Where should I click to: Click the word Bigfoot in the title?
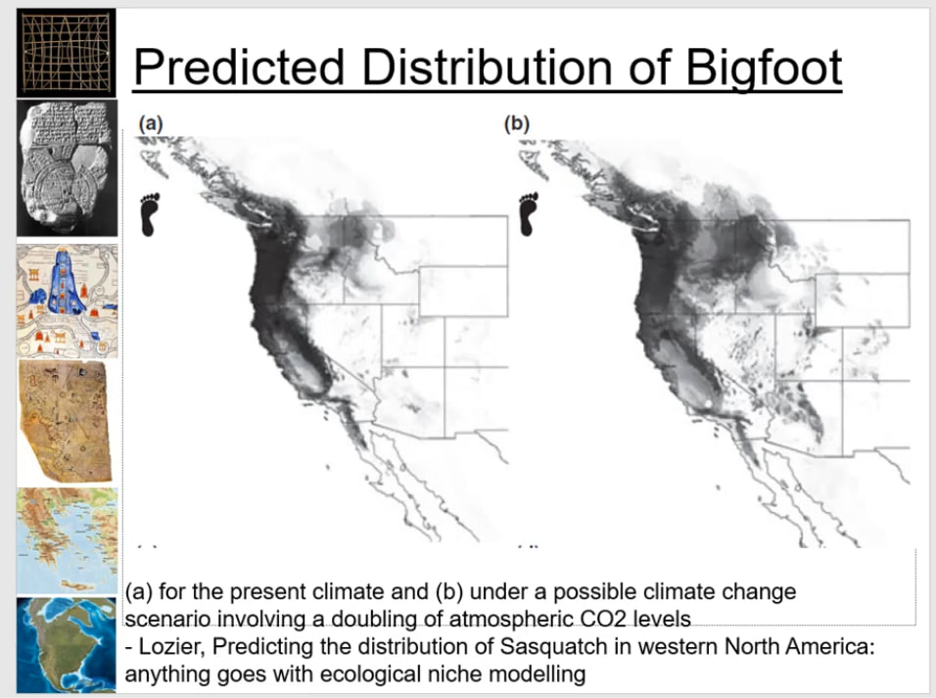point(764,67)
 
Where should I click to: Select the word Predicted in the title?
point(239,67)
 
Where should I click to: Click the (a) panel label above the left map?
point(151,123)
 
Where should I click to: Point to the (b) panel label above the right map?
point(517,123)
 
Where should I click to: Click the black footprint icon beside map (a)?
point(149,214)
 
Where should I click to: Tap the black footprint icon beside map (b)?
point(529,214)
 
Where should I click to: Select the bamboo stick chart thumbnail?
point(67,53)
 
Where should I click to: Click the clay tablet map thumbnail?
point(67,167)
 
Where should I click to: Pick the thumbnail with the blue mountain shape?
point(67,301)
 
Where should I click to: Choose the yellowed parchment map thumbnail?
point(66,422)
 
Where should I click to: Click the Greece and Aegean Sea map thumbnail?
point(67,540)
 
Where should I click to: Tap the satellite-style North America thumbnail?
point(67,645)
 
